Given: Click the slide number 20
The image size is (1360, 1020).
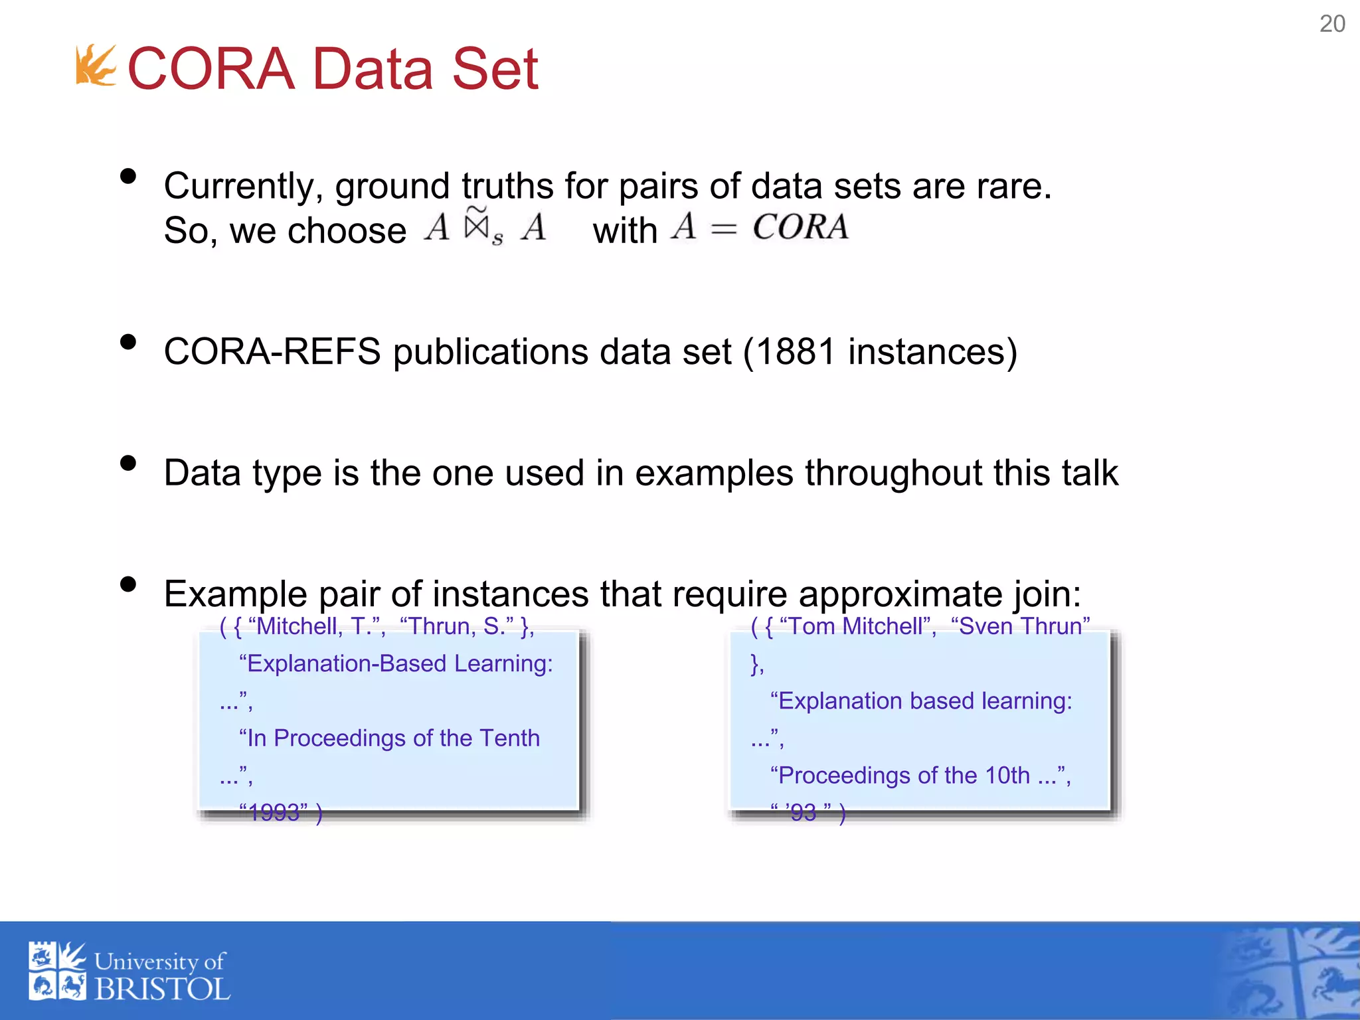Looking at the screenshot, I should point(1331,24).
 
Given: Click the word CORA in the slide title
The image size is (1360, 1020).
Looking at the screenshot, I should point(211,69).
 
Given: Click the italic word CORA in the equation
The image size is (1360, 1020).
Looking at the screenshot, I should point(800,227).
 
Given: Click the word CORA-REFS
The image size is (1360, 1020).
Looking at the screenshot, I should point(272,351).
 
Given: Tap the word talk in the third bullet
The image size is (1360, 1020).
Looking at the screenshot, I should point(1089,473).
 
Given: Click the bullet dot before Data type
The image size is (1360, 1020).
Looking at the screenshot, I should point(128,463).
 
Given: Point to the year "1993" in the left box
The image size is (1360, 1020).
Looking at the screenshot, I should point(274,812).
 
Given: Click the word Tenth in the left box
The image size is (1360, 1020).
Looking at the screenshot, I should point(509,738).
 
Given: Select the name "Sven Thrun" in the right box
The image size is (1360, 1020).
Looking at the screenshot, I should point(1020,626).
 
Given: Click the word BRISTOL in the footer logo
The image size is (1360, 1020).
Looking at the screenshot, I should point(163,989).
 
